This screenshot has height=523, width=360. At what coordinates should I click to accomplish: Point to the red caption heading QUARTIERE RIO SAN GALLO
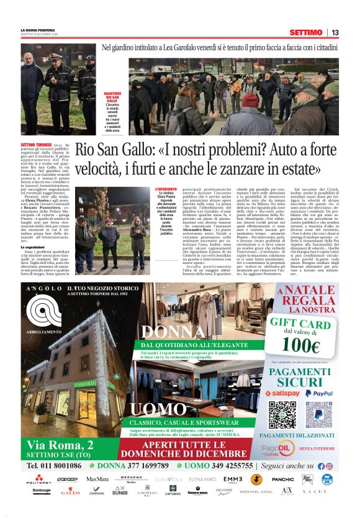[x=112, y=96]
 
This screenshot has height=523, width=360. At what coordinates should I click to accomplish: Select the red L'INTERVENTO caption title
[x=166, y=189]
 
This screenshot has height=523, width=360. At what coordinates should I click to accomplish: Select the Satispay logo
[x=282, y=393]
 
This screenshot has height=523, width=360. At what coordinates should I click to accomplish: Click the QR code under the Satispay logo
[x=282, y=414]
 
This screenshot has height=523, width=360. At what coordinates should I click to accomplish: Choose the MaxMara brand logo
[x=97, y=480]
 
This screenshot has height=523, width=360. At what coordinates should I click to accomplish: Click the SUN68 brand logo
[x=120, y=491]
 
